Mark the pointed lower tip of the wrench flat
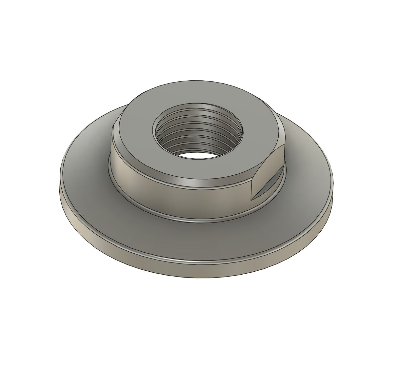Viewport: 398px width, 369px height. tap(252, 199)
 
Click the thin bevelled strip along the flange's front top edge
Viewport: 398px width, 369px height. tap(197, 259)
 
